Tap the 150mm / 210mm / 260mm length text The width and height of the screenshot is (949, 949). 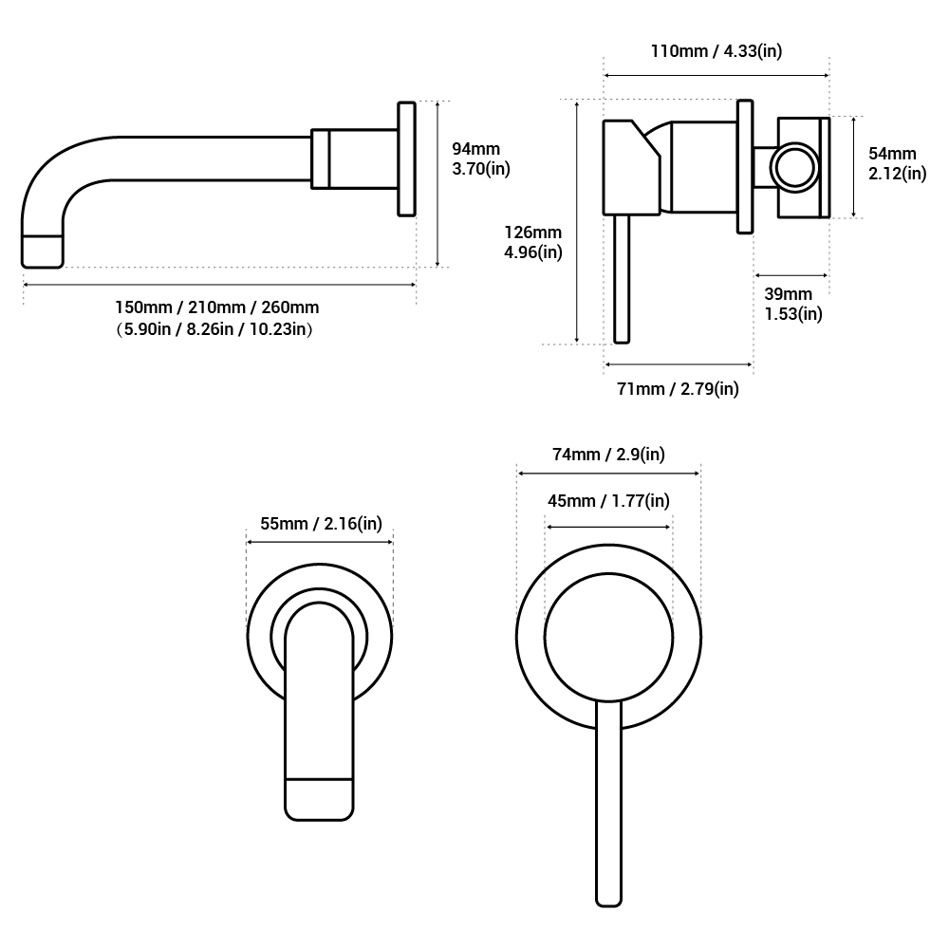point(217,307)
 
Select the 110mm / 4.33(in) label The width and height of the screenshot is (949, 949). point(716,51)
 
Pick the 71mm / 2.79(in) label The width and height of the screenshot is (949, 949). point(678,389)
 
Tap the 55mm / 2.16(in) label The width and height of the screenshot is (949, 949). point(321,524)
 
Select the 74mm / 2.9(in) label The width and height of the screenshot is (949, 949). point(608,455)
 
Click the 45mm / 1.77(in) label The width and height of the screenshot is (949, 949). point(608,501)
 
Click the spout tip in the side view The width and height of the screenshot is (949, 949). point(42,251)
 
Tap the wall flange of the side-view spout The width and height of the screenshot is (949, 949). point(406,159)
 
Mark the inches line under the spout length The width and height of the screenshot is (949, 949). point(217,329)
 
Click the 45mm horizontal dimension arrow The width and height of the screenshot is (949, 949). point(608,526)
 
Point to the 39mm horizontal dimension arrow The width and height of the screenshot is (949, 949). point(791,276)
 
